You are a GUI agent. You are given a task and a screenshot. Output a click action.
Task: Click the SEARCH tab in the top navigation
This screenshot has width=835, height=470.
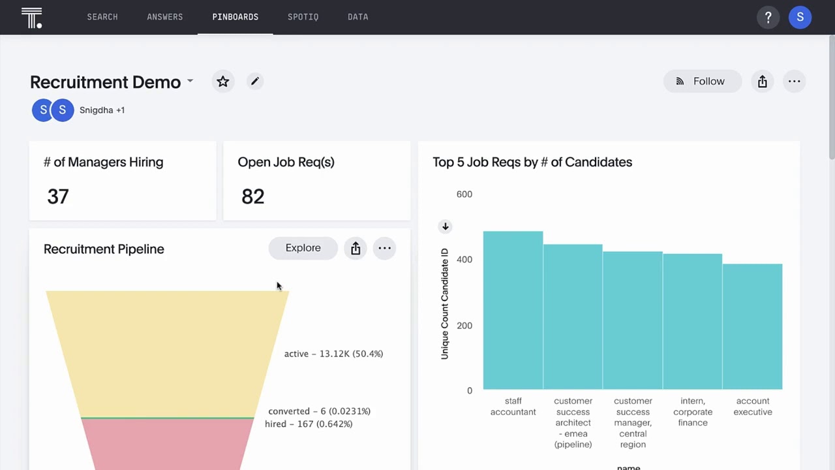click(x=102, y=17)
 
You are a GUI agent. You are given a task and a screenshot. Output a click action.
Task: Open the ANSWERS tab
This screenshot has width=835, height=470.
click(x=164, y=17)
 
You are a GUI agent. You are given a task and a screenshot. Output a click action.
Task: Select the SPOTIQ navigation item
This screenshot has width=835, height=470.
click(x=303, y=17)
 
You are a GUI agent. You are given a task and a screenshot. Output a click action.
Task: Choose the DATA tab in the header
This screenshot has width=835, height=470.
click(x=357, y=17)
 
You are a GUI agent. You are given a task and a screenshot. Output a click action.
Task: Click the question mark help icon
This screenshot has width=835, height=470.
click(x=768, y=18)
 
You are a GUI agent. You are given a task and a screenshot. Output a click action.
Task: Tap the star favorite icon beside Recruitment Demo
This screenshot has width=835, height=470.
click(x=223, y=82)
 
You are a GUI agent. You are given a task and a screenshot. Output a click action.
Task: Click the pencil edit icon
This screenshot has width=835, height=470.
click(x=254, y=81)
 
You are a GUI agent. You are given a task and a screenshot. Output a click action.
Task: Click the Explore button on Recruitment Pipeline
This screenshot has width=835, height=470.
click(x=303, y=248)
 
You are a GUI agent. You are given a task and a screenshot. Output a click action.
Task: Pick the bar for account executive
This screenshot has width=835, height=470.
click(x=752, y=326)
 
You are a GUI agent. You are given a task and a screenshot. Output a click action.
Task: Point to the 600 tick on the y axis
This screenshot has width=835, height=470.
click(x=464, y=195)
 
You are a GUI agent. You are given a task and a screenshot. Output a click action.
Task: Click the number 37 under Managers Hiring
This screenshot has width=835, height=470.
click(x=58, y=196)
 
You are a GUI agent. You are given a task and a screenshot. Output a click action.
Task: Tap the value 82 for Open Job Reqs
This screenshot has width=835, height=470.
click(x=252, y=196)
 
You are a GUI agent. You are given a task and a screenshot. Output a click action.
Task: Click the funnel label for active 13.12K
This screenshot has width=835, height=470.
click(x=333, y=354)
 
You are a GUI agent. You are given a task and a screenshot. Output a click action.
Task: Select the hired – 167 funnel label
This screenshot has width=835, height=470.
click(x=309, y=424)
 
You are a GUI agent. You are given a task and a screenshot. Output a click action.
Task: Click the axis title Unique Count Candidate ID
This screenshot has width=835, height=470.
click(x=445, y=304)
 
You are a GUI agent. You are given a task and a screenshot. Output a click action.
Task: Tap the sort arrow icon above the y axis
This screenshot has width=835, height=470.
click(x=445, y=227)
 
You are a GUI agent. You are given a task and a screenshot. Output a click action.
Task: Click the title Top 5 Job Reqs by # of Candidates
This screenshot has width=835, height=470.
click(x=532, y=162)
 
